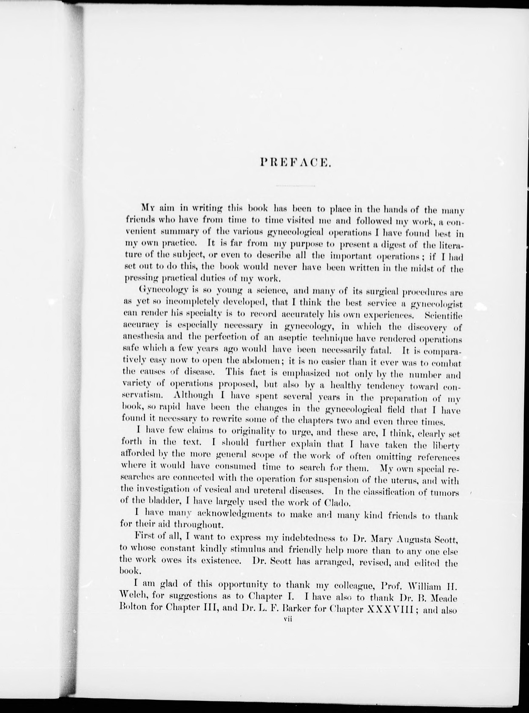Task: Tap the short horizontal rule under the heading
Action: [295, 186]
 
